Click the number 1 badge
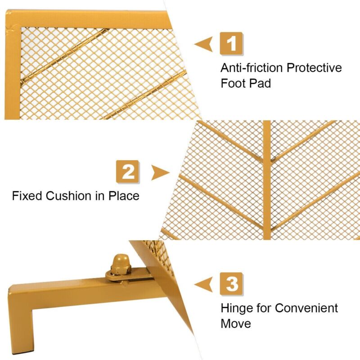click(x=231, y=44)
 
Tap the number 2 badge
click(x=128, y=172)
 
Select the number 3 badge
click(x=231, y=284)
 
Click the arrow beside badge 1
click(x=204, y=44)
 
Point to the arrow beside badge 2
click(x=160, y=172)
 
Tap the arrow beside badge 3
click(x=204, y=284)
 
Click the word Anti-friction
click(x=252, y=68)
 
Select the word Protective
click(x=314, y=68)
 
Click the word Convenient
click(x=306, y=308)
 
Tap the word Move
click(x=236, y=324)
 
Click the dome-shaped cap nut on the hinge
click(x=121, y=264)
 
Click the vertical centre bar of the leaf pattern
click(x=267, y=180)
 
